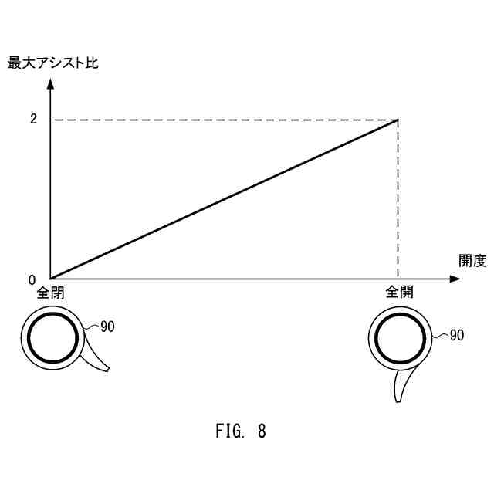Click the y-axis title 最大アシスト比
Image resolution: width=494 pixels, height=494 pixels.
click(x=52, y=63)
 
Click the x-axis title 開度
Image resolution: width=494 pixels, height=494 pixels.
click(x=473, y=260)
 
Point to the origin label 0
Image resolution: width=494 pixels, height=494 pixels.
click(x=32, y=280)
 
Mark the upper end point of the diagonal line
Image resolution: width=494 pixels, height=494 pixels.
click(x=398, y=120)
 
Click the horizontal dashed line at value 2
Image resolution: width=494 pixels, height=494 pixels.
click(x=224, y=120)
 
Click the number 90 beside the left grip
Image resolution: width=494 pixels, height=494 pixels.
click(x=107, y=327)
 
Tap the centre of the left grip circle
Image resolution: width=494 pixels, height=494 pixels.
click(x=52, y=338)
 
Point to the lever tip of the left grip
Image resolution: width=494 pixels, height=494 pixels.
click(x=106, y=369)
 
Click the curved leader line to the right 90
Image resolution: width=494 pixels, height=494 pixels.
click(x=438, y=337)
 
